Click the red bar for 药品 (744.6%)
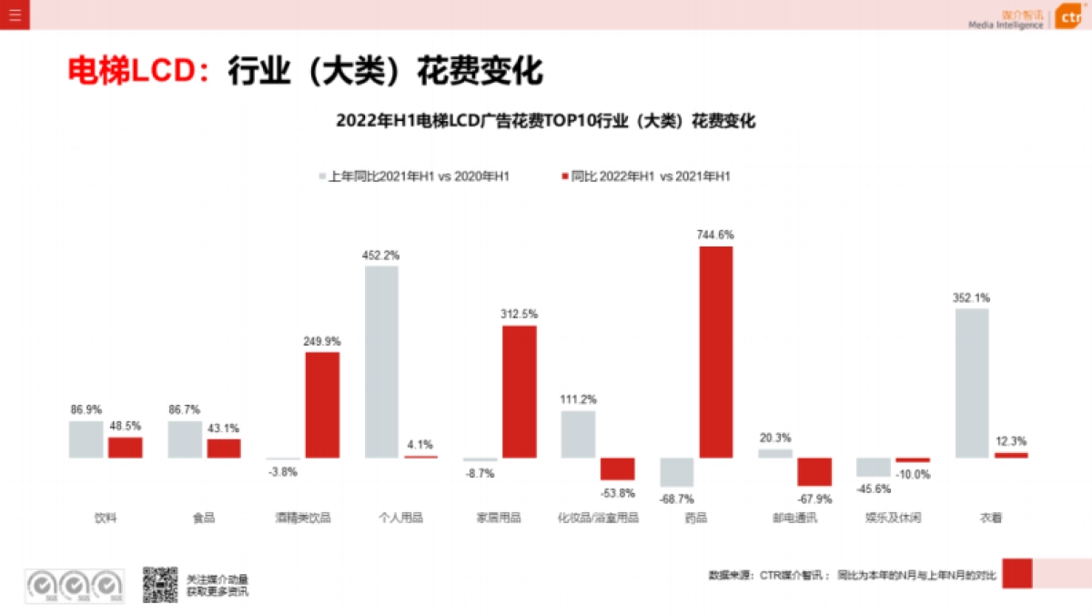point(715,352)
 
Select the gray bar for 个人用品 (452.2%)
point(382,361)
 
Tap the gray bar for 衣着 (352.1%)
point(972,383)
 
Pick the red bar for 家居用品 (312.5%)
point(519,391)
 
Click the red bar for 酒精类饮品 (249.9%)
point(322,405)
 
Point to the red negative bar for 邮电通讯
point(814,471)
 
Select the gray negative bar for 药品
point(677,472)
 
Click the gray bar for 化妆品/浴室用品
point(578,434)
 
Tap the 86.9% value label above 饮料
point(86,410)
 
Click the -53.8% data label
point(617,492)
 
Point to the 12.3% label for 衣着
point(1011,441)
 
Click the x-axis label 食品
point(204,518)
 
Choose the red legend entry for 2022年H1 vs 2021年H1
point(646,176)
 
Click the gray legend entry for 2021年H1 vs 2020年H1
point(413,176)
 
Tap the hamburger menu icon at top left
point(15,15)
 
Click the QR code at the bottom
point(160,585)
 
